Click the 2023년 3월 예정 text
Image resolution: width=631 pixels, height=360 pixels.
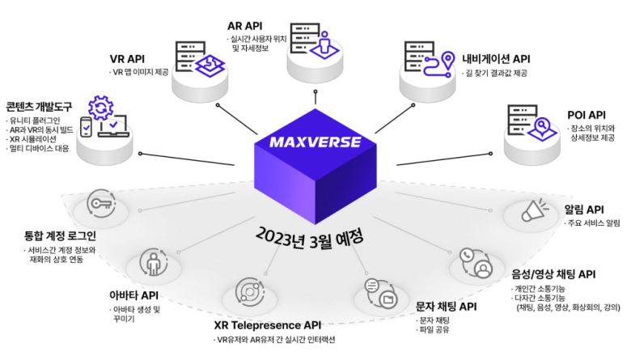point(308,236)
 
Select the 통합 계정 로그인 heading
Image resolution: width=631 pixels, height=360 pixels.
point(60,236)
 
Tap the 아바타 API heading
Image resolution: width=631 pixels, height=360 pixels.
point(134,295)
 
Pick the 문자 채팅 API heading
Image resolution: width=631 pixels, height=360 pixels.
point(446,307)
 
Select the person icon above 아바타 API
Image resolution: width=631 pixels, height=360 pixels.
point(153,261)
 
